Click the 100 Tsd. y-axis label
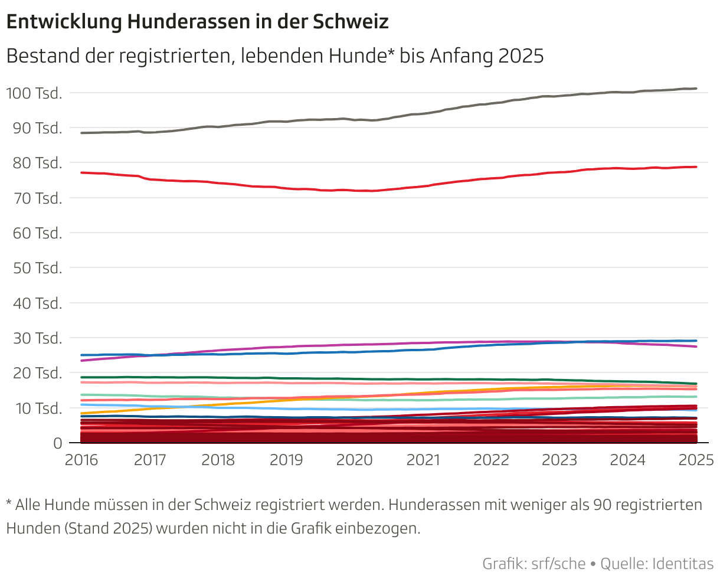pos(34,93)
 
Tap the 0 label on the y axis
pos(57,443)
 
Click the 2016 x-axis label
pos(81,460)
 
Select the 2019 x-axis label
pos(286,460)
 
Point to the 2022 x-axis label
pos(491,460)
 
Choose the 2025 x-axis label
pos(696,460)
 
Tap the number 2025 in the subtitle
pos(521,56)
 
